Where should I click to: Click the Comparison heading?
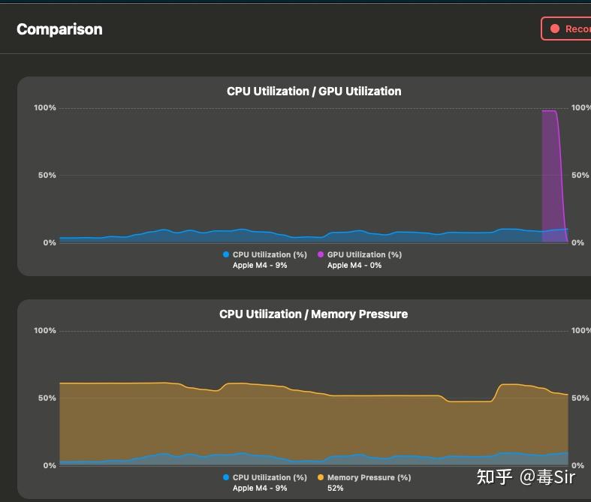(x=59, y=29)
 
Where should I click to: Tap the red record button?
(x=566, y=29)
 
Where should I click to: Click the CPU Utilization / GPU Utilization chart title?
(x=314, y=91)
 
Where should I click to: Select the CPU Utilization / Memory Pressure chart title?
(x=314, y=314)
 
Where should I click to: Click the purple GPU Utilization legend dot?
(x=321, y=254)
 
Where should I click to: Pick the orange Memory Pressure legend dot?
(x=321, y=477)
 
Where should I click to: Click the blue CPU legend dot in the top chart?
(x=226, y=254)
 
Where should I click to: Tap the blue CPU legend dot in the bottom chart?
(x=226, y=477)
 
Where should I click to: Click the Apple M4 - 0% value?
(x=354, y=265)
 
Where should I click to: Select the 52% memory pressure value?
(x=336, y=488)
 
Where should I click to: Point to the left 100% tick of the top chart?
(x=45, y=108)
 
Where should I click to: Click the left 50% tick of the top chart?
(x=47, y=175)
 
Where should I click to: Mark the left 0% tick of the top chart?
(x=50, y=243)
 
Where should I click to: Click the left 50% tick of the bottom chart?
(x=47, y=398)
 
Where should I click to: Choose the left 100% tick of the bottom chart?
(x=45, y=331)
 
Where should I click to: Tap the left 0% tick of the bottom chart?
(x=50, y=466)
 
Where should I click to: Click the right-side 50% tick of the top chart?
(x=580, y=175)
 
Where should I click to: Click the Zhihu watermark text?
(x=526, y=476)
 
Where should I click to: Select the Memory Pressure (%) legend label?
(x=369, y=477)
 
